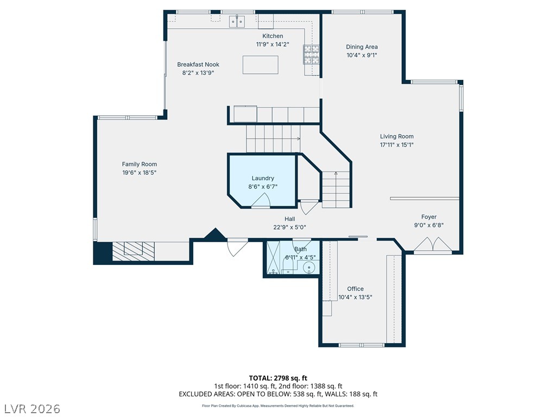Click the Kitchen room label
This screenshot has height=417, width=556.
pyautogui.click(x=273, y=36)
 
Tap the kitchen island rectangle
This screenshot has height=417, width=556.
pyautogui.click(x=260, y=65)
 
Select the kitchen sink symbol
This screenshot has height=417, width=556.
pyautogui.click(x=237, y=21)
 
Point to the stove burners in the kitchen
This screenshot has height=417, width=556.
pyautogui.click(x=311, y=55)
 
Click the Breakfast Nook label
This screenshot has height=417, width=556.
pyautogui.click(x=198, y=65)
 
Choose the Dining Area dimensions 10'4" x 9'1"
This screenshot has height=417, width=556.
pyautogui.click(x=362, y=55)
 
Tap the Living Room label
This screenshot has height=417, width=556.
pyautogui.click(x=397, y=136)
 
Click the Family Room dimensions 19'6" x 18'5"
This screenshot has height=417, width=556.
pyautogui.click(x=140, y=173)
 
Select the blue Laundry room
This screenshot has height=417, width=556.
pyautogui.click(x=262, y=180)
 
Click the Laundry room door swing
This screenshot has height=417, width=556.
pyautogui.click(x=261, y=201)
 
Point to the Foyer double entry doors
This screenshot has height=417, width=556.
pyautogui.click(x=433, y=245)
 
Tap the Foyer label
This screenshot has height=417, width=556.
pyautogui.click(x=429, y=217)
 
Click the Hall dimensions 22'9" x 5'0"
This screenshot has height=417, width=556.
pyautogui.click(x=290, y=228)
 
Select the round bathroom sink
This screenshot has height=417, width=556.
pyautogui.click(x=309, y=267)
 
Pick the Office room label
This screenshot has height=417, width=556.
pyautogui.click(x=355, y=289)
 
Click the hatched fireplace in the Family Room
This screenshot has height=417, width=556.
pyautogui.click(x=134, y=251)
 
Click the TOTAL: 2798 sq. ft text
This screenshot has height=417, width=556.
pyautogui.click(x=278, y=378)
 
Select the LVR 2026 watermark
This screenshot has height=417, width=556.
pyautogui.click(x=31, y=409)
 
